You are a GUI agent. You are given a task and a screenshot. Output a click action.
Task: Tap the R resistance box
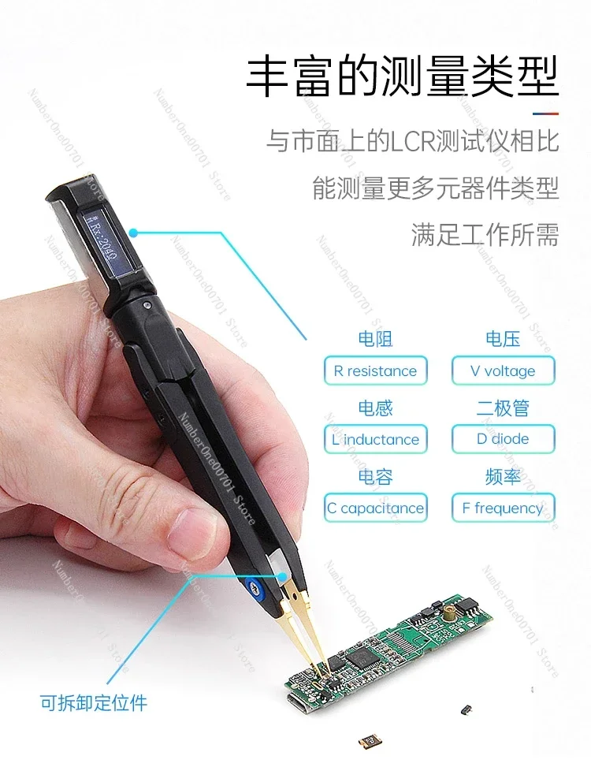[375, 370]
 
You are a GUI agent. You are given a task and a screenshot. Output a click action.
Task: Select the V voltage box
[503, 370]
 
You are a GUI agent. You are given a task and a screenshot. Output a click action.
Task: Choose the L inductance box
[375, 439]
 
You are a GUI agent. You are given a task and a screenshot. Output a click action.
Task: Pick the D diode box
[503, 439]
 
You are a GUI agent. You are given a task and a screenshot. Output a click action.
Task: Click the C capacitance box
[375, 508]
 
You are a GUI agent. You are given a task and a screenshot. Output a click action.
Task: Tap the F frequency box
[503, 508]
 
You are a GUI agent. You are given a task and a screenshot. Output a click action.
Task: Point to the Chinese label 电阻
[375, 340]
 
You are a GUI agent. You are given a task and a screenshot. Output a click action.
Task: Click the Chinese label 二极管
[503, 408]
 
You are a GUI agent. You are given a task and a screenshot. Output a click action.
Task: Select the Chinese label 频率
[503, 477]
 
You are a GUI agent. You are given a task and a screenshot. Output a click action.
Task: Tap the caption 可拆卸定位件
[94, 702]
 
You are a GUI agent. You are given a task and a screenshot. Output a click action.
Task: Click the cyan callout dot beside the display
[134, 233]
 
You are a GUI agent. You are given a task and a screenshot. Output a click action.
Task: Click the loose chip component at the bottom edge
[366, 741]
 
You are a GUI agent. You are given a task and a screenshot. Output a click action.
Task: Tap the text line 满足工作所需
[485, 234]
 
